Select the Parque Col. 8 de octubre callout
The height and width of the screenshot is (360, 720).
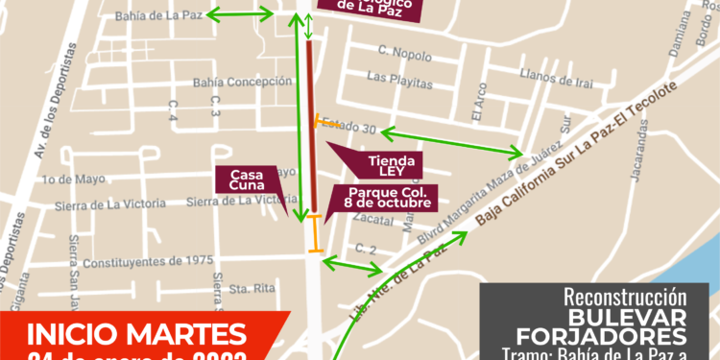click(x=382, y=200)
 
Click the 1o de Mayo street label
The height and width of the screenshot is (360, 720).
click(x=73, y=179)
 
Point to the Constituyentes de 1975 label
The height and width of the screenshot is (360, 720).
click(x=148, y=260)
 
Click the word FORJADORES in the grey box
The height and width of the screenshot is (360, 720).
click(x=601, y=336)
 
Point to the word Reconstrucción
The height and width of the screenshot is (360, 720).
click(x=624, y=297)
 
